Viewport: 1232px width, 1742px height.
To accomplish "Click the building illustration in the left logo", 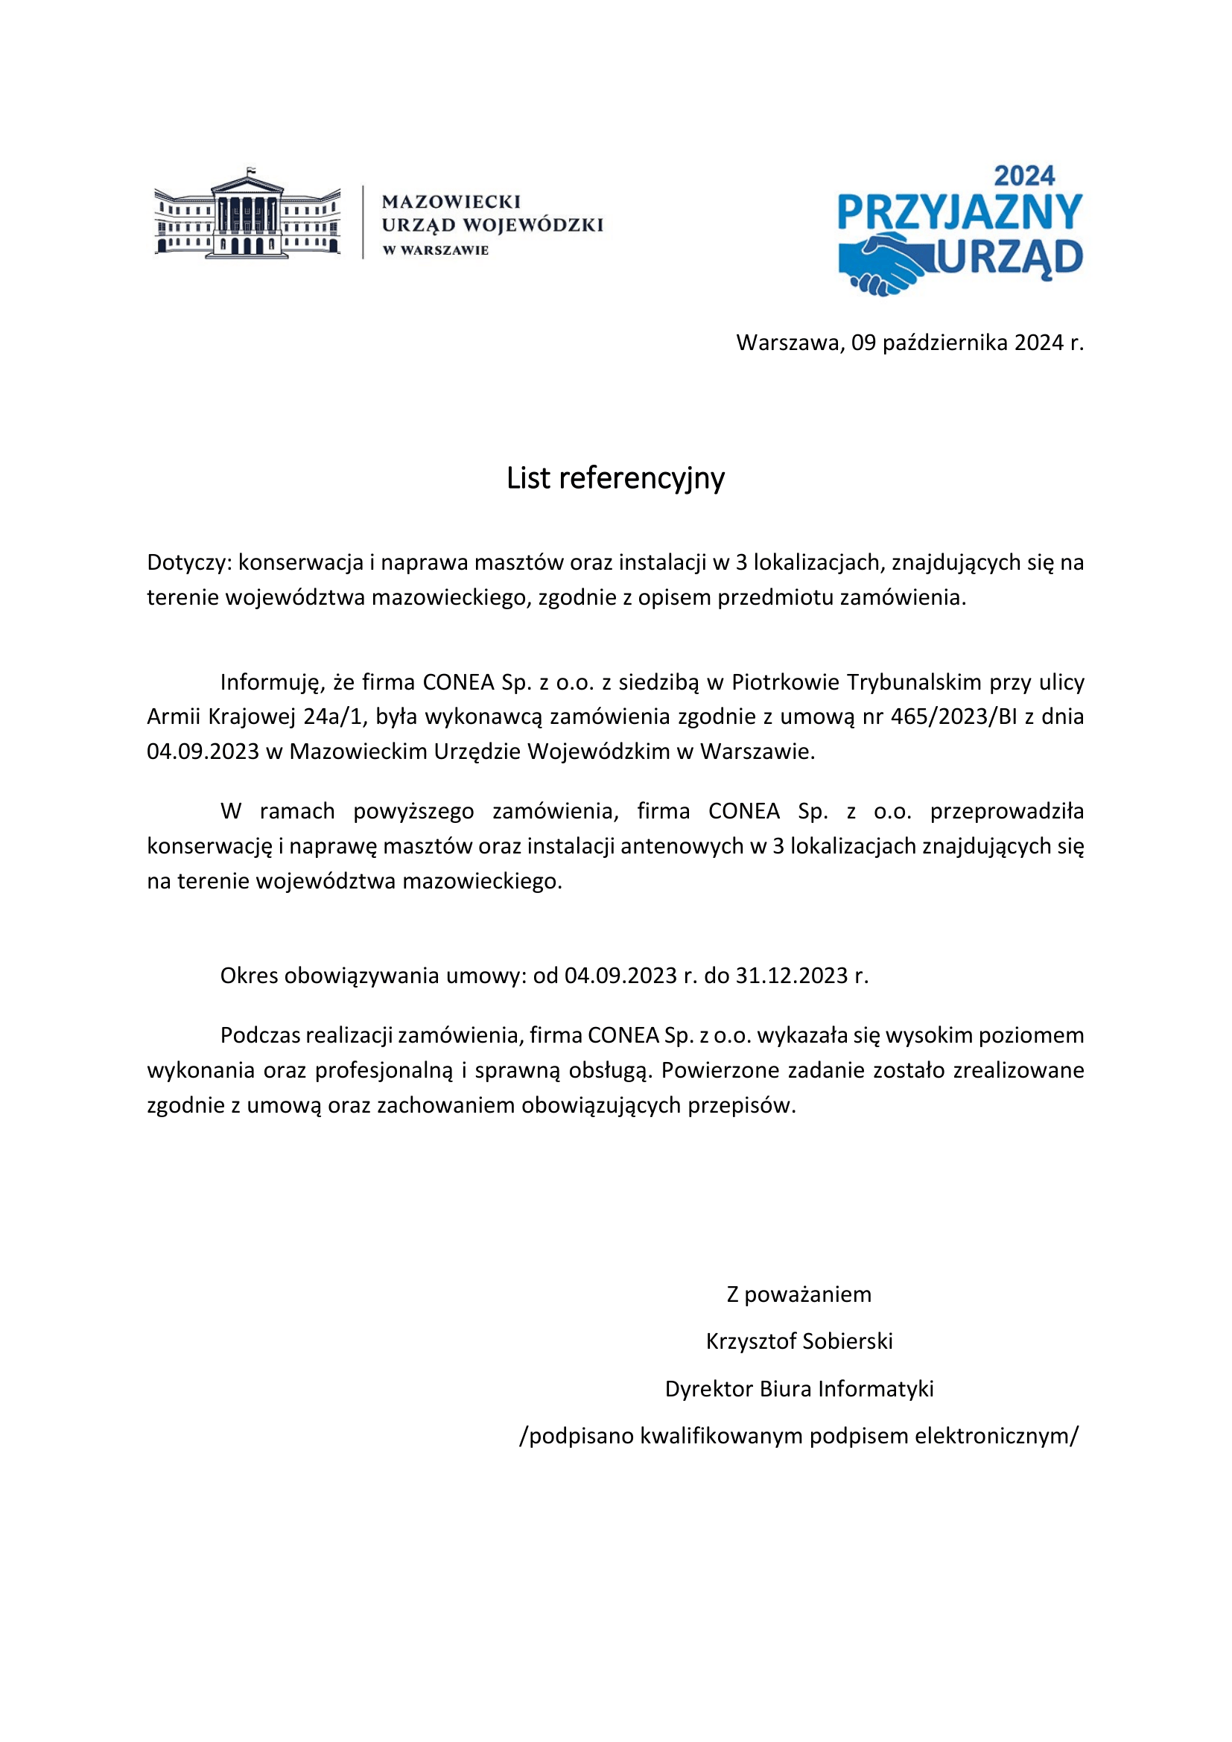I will (x=247, y=214).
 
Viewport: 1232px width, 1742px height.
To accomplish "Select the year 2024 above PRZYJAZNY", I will (x=1024, y=177).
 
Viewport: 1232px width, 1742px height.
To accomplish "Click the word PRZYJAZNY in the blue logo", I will (x=959, y=212).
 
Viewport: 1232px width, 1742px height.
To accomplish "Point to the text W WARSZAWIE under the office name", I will (x=436, y=250).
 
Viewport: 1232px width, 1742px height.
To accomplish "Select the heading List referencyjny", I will (x=615, y=478).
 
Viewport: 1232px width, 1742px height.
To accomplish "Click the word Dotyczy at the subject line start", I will (x=188, y=563).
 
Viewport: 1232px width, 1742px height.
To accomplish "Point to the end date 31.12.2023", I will (x=791, y=975).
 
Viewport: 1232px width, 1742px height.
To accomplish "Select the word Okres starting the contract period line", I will (x=250, y=975).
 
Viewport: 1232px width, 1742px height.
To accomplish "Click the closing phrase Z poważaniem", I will (x=798, y=1294).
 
